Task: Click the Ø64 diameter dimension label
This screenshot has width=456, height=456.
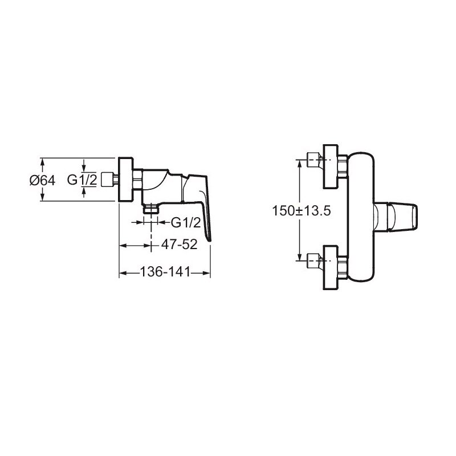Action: (42, 181)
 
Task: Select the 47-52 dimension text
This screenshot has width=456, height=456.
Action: (179, 245)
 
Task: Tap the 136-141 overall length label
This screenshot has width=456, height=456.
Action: (165, 272)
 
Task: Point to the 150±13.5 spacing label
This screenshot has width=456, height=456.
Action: (302, 210)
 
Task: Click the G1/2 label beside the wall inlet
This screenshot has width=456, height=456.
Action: (82, 180)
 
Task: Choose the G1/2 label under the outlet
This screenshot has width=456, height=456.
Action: (186, 223)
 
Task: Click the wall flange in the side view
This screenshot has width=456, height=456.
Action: (126, 180)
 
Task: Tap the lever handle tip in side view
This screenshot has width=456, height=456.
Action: (209, 238)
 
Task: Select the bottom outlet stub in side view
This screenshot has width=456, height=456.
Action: (150, 209)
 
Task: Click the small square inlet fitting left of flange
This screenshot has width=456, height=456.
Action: (107, 180)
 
